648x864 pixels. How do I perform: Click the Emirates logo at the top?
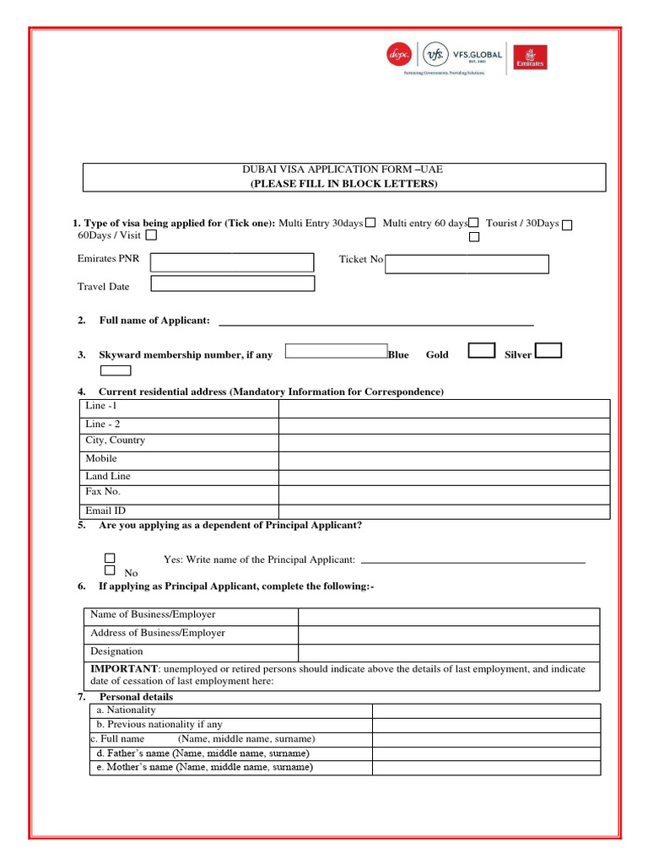[x=533, y=57]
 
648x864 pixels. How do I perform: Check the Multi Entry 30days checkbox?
[x=370, y=223]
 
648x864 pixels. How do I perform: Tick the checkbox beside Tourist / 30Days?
[x=567, y=224]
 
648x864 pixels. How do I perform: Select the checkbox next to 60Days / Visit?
[x=151, y=235]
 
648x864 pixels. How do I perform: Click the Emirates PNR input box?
[x=232, y=262]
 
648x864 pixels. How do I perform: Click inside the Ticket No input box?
[x=467, y=264]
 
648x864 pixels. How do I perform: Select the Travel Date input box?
[x=232, y=283]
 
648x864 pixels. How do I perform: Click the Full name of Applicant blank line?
[x=375, y=321]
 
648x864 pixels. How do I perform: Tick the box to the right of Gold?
[x=482, y=351]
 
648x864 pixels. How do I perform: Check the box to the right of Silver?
[x=548, y=350]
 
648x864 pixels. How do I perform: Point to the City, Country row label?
[x=116, y=440]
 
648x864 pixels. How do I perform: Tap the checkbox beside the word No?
[x=110, y=570]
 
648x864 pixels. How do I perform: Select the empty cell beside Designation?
[x=449, y=652]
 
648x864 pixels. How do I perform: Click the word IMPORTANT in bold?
[x=124, y=669]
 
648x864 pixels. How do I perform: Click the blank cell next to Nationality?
[x=487, y=710]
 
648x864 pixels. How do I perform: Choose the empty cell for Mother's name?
[x=487, y=768]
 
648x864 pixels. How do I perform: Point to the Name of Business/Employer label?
[x=153, y=615]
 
